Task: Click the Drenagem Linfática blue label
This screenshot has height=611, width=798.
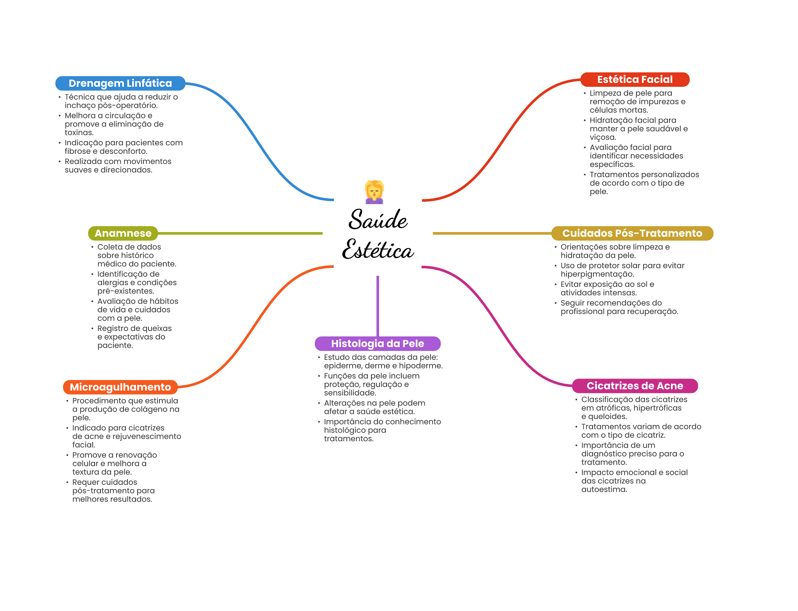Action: (x=120, y=83)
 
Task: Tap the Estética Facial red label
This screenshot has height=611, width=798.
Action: (x=634, y=79)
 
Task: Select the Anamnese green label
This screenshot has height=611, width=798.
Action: (x=123, y=233)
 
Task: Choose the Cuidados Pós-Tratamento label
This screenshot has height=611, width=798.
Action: (x=632, y=233)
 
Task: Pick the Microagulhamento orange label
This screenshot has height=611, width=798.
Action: (x=120, y=387)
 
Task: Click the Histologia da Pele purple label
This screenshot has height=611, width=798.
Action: (x=377, y=343)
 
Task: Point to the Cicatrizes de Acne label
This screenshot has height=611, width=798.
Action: (x=634, y=386)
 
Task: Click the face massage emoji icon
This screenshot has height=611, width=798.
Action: (x=374, y=192)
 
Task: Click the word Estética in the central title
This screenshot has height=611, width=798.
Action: (x=378, y=250)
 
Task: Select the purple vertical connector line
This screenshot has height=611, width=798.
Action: (x=378, y=306)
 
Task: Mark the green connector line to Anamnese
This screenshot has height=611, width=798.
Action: (x=240, y=233)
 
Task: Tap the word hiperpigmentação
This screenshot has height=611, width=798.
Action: (x=597, y=274)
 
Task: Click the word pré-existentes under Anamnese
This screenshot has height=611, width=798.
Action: (x=125, y=291)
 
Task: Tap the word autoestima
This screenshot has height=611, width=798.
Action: (x=604, y=490)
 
